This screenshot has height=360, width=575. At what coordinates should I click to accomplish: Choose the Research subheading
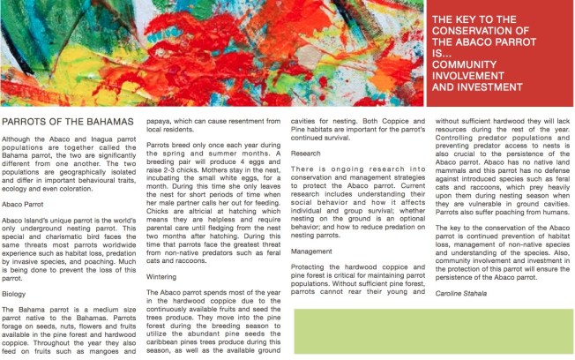[306, 154]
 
